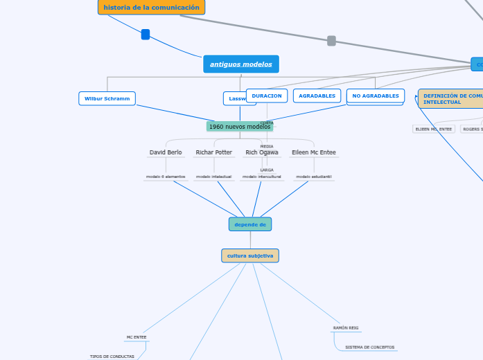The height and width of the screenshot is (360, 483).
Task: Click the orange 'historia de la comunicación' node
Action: [x=151, y=8]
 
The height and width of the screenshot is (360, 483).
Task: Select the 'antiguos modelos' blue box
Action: [x=240, y=64]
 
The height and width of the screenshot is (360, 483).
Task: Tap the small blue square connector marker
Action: [x=146, y=35]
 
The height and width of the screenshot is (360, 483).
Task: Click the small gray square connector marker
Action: [x=331, y=41]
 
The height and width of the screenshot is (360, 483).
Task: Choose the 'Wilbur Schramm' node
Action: [x=107, y=98]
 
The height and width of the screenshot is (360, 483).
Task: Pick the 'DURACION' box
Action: [x=267, y=96]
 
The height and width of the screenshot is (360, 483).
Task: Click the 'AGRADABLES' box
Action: [x=317, y=96]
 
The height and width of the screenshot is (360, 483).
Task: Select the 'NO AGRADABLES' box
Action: [x=375, y=96]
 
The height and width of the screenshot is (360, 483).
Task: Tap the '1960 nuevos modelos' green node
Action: [x=239, y=127]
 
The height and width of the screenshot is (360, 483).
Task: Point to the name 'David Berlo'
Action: [x=166, y=152]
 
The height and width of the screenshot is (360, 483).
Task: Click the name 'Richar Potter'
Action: [x=213, y=152]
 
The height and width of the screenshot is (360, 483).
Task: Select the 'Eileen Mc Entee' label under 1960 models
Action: [x=313, y=152]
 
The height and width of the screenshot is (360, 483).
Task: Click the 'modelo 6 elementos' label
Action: [x=166, y=177]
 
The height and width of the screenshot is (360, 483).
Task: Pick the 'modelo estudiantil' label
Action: [x=313, y=177]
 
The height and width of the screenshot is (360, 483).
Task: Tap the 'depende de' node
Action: [x=250, y=224]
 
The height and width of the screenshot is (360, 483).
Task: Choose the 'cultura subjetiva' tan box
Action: [x=250, y=255]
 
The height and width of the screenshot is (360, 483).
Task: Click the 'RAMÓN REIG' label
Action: [x=346, y=327]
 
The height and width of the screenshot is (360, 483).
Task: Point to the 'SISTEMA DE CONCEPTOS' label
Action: [x=371, y=347]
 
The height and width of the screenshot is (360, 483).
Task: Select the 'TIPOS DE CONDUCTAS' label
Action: [x=112, y=357]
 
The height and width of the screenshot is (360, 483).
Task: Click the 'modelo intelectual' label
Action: [x=213, y=177]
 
